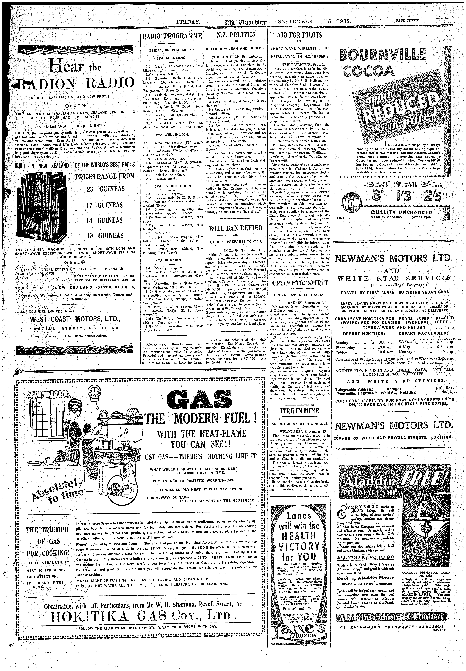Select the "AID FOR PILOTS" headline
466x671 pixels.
(299, 35)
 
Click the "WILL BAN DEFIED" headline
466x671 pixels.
(236, 228)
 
